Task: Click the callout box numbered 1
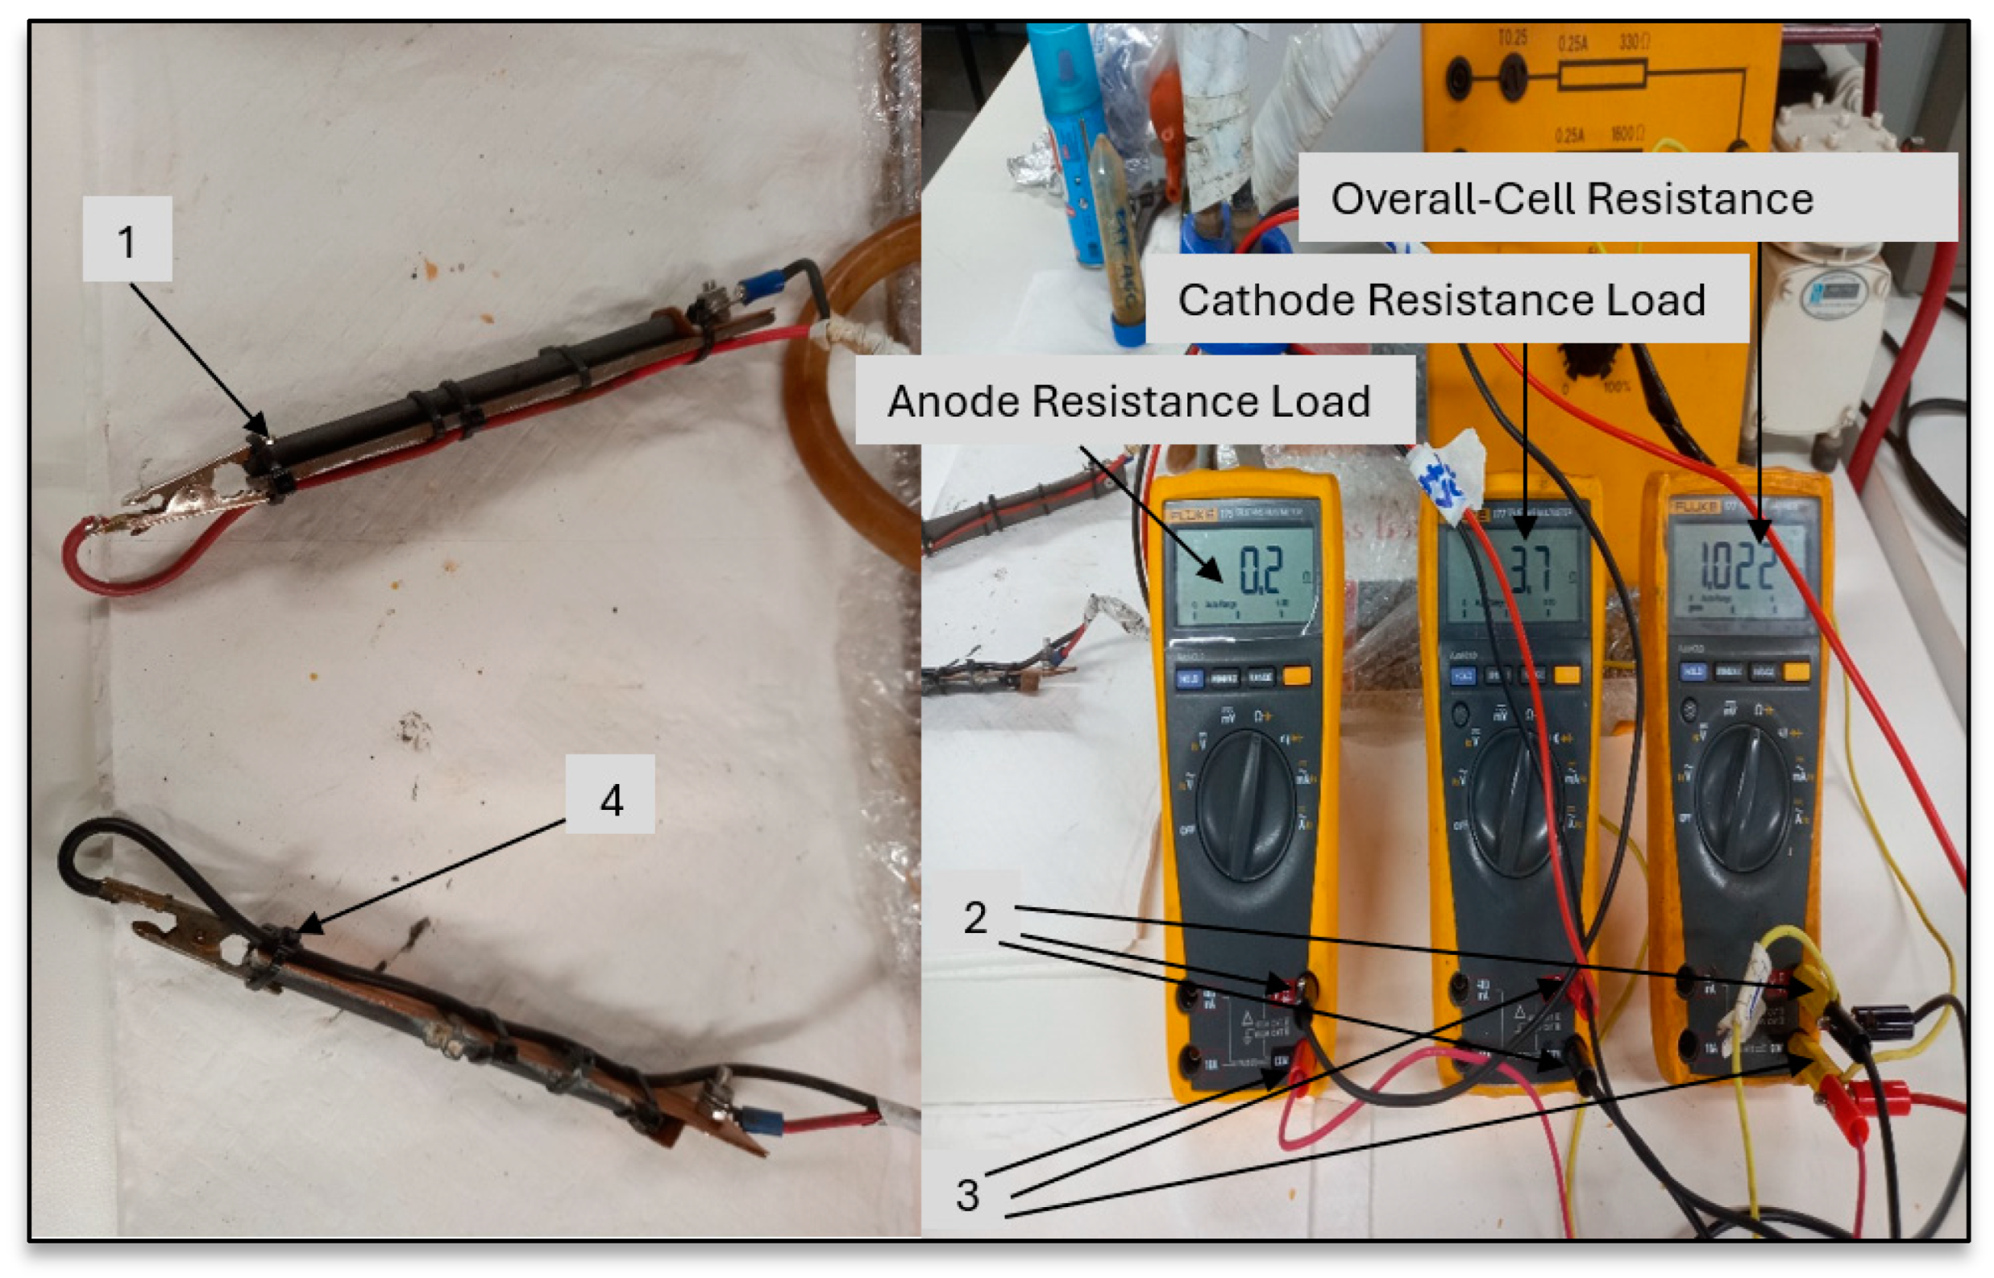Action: [x=127, y=240]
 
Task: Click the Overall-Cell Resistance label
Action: [x=1572, y=199]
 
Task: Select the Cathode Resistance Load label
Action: [x=1441, y=300]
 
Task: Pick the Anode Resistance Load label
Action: [x=1128, y=401]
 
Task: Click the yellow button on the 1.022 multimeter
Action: [x=1796, y=670]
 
